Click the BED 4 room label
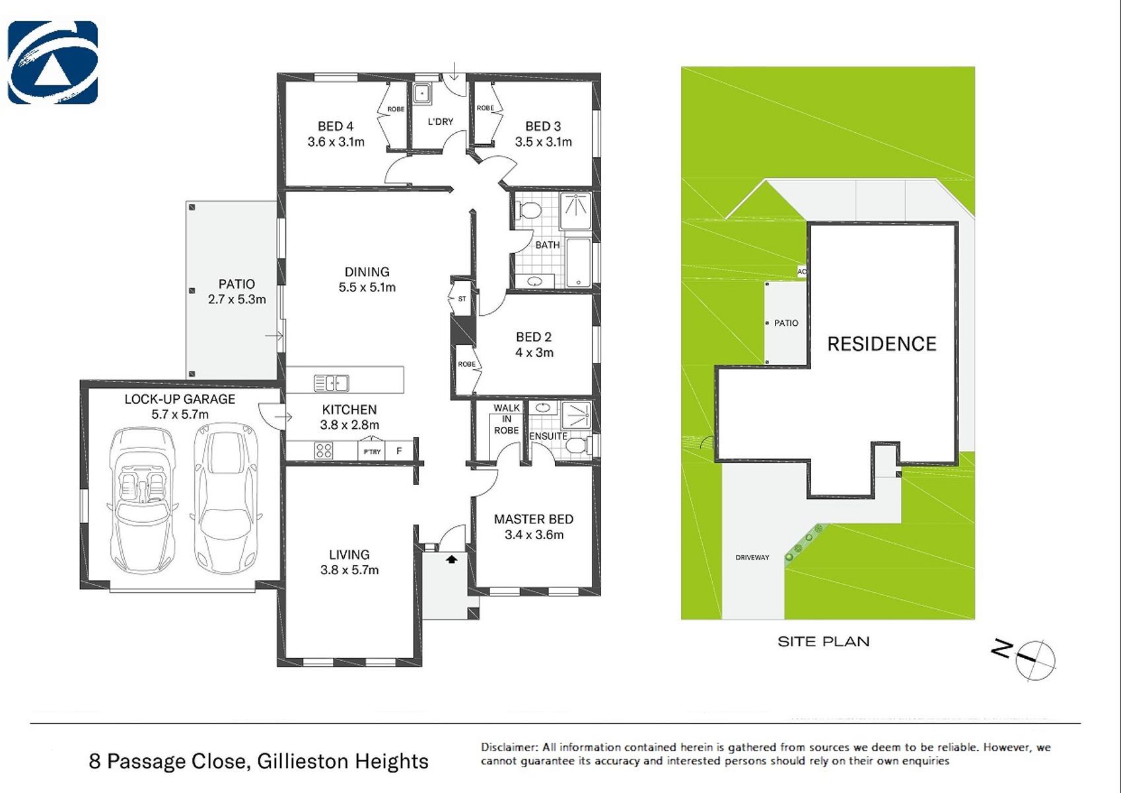(336, 126)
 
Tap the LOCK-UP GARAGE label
(180, 399)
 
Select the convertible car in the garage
(141, 500)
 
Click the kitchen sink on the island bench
(331, 383)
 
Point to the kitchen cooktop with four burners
(323, 451)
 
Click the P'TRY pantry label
(372, 451)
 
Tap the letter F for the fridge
(399, 451)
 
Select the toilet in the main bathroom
(528, 210)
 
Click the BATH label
(548, 245)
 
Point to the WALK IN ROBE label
(507, 419)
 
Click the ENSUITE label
(548, 436)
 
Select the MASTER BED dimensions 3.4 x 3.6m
(534, 535)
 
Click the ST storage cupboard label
(462, 299)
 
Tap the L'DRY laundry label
(441, 122)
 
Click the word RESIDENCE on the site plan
(882, 344)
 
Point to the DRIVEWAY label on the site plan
(752, 557)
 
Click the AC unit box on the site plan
(802, 272)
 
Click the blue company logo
(53, 63)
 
